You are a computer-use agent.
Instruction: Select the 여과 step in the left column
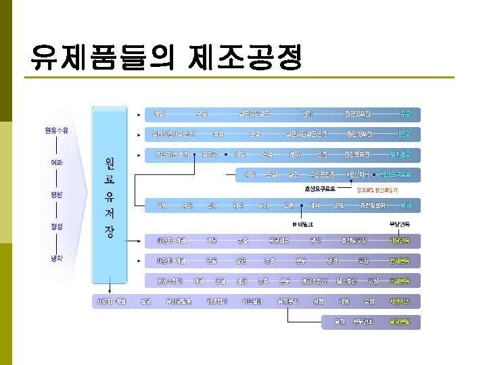click(57, 162)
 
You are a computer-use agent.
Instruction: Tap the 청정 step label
click(57, 226)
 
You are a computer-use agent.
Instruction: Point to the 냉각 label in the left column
click(57, 258)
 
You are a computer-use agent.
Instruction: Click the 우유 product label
click(405, 114)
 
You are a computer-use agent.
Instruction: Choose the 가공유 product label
click(404, 134)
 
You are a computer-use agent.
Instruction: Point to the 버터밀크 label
click(303, 224)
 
